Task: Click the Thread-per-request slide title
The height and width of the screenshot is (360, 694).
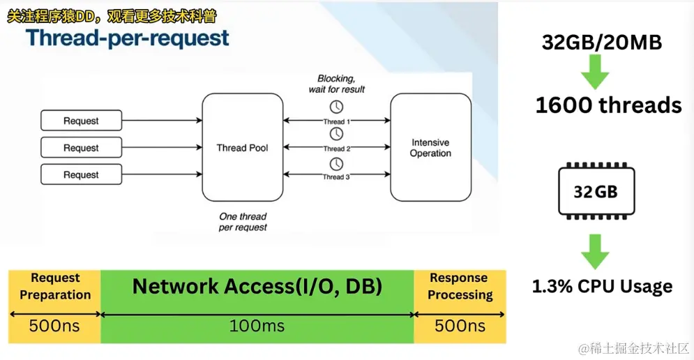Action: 128,38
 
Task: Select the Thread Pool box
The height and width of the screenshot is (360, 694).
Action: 243,147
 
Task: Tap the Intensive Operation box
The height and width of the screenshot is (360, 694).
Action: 430,147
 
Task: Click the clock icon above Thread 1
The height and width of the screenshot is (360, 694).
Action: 336,107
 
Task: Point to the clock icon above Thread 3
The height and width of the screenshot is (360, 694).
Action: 336,164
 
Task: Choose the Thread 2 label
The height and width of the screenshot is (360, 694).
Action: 336,149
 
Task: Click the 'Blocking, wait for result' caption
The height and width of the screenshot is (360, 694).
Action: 336,84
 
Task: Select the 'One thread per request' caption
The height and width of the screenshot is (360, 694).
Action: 243,222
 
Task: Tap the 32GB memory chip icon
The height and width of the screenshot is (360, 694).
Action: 596,191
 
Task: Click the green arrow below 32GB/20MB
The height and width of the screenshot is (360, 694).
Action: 595,72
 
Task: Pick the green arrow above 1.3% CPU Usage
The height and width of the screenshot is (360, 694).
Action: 595,252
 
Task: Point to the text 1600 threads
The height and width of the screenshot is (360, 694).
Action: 609,105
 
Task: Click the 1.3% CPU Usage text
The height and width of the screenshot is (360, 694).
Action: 603,287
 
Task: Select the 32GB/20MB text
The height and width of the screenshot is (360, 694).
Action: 602,42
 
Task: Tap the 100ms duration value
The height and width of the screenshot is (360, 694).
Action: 257,327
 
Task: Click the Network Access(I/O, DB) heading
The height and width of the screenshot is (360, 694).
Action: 257,286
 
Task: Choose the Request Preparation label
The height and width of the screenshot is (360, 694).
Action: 55,286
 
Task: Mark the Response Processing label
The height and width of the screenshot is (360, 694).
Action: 460,286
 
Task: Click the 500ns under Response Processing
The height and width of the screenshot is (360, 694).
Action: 460,327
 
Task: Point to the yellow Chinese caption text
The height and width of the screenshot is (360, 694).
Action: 112,17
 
